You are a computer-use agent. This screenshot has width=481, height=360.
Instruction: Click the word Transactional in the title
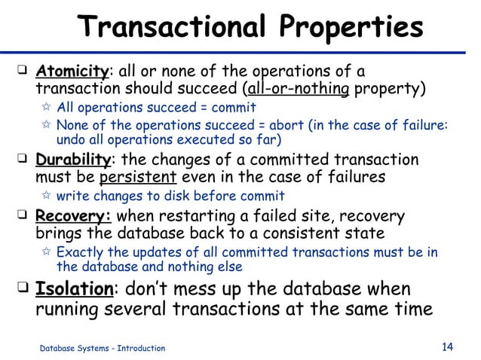176,27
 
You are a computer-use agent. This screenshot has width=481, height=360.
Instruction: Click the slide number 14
446,346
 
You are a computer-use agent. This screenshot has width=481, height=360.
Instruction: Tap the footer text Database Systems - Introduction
102,348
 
